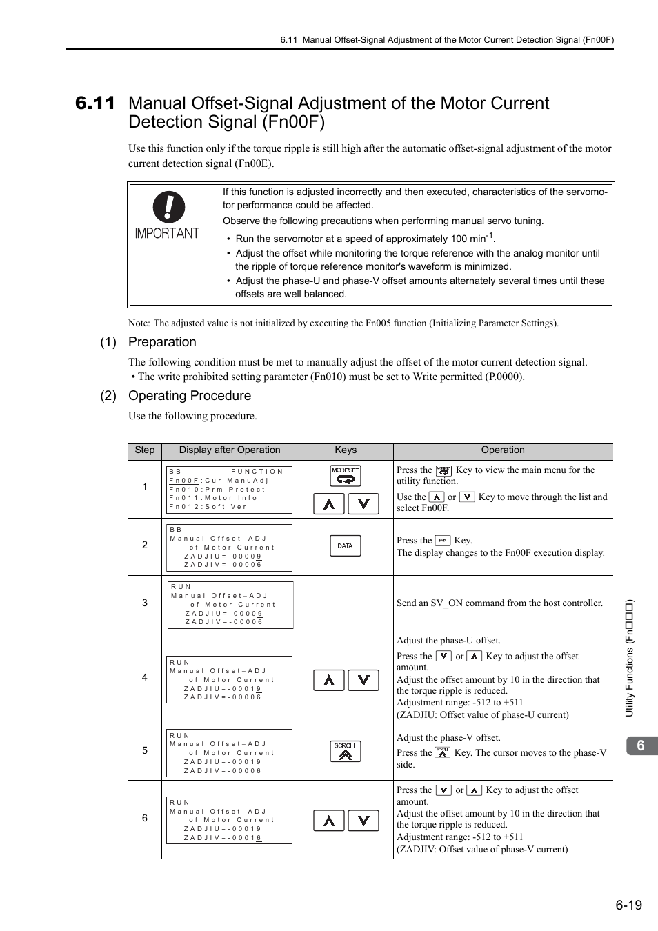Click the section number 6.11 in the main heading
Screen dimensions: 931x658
95,103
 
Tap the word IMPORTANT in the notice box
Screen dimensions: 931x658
167,233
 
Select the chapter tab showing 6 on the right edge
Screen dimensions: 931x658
641,745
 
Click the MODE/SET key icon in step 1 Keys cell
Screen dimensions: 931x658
346,475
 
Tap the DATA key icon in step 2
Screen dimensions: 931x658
345,545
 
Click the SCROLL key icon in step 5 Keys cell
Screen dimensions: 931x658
346,751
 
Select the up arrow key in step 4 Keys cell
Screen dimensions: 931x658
329,681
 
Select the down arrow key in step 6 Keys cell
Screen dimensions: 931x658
363,820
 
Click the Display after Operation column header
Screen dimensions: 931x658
230,450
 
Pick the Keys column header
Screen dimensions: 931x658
346,450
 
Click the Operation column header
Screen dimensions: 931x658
503,450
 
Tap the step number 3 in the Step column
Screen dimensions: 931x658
145,603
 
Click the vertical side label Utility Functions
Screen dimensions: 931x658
629,659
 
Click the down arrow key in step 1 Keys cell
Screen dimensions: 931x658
363,504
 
